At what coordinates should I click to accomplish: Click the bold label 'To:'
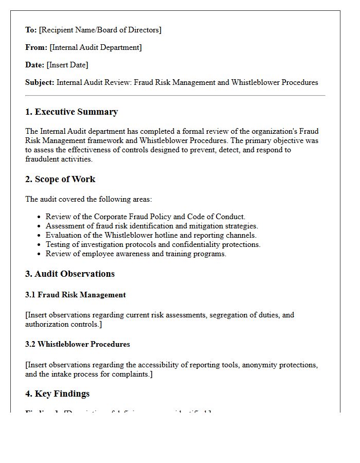(31, 30)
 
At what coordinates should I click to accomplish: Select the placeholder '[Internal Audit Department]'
(96, 47)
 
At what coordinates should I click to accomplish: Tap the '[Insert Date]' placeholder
(67, 65)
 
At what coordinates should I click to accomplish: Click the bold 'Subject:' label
(40, 82)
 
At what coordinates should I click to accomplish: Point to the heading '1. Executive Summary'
(71, 112)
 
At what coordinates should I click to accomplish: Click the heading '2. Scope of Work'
(60, 179)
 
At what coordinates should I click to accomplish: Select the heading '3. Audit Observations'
(70, 274)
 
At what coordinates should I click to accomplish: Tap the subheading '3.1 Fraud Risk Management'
(76, 295)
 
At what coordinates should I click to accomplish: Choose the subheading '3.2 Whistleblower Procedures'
(78, 344)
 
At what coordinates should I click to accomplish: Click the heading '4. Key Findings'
(58, 394)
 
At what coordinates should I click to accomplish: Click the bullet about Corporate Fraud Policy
(146, 217)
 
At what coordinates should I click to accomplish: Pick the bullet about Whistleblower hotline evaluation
(151, 235)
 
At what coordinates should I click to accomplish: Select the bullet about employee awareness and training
(136, 254)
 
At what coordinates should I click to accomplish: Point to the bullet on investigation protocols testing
(153, 244)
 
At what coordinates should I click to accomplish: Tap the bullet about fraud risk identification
(152, 226)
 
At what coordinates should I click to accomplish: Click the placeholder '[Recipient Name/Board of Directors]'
(100, 30)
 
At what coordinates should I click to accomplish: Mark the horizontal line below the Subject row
(175, 96)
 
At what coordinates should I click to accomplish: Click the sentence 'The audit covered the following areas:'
(88, 199)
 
